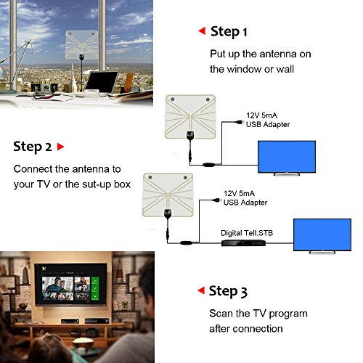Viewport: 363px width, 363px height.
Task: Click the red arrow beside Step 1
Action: (202, 31)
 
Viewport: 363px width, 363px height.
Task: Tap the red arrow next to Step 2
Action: (60, 147)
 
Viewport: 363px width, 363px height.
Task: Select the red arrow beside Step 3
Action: (201, 290)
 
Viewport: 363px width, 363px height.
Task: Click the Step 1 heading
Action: (229, 32)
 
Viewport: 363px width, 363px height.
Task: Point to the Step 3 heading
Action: (228, 291)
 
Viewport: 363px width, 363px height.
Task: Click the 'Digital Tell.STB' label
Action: (247, 233)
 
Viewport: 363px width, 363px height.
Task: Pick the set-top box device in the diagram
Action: (243, 242)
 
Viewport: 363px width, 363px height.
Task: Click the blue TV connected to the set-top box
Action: (322, 236)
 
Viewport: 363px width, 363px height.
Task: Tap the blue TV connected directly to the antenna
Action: (287, 158)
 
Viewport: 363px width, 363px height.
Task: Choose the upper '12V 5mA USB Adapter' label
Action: (268, 120)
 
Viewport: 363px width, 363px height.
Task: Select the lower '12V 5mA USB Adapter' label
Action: (245, 198)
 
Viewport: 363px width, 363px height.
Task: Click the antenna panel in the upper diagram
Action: (190, 117)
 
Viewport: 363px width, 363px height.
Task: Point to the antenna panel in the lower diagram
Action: (168, 195)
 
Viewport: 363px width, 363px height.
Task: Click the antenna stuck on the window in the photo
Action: (82, 45)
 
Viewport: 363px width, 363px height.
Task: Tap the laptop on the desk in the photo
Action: (102, 82)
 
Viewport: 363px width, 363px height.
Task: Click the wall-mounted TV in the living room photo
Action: (71, 285)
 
